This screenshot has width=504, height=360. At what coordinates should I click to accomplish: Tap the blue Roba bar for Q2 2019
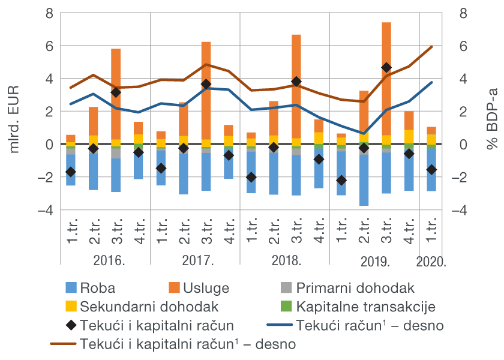[x=364, y=180]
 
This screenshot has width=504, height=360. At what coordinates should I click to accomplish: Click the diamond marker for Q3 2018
[x=296, y=81]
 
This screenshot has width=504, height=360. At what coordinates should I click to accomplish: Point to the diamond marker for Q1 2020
[x=431, y=170]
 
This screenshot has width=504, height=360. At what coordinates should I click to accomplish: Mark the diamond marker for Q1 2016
[x=71, y=172]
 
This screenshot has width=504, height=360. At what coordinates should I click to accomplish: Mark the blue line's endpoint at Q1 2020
[x=431, y=82]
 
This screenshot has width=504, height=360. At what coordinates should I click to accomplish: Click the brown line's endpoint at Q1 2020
[x=431, y=47]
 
